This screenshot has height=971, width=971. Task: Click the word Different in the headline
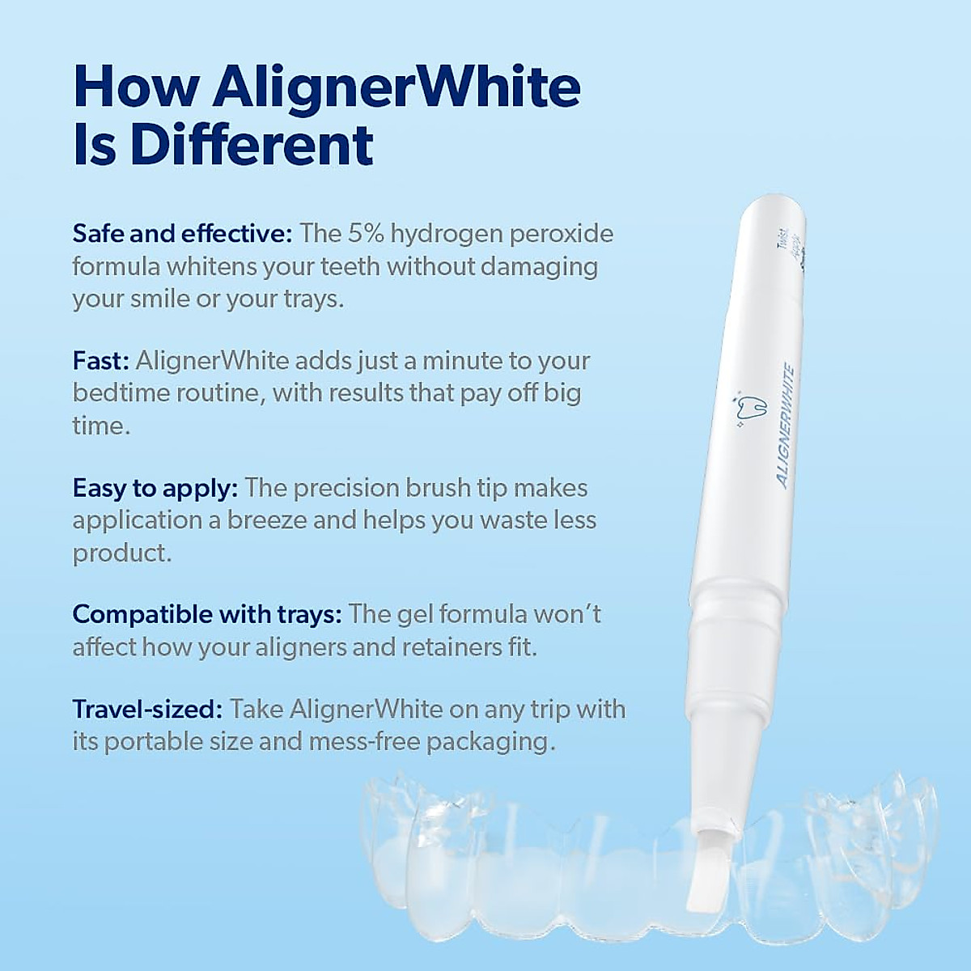pos(252,145)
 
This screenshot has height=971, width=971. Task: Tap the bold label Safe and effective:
pos(181,234)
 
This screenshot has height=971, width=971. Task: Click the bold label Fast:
pos(100,361)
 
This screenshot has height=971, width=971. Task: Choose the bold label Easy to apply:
pos(155,488)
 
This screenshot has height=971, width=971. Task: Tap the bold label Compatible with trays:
pos(207,615)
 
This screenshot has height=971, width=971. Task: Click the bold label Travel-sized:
pos(147,710)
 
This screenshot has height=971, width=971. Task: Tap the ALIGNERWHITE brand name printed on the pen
pos(785,427)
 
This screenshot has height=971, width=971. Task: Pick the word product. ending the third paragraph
pos(122,553)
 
